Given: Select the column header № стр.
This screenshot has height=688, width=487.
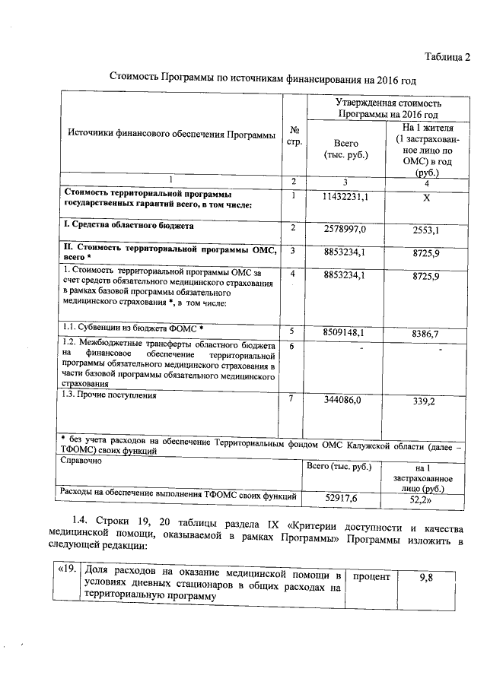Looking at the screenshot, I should [x=294, y=135].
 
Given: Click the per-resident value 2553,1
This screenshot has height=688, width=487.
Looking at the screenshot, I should [x=425, y=228].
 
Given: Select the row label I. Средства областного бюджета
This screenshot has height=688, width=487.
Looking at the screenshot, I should [x=127, y=226].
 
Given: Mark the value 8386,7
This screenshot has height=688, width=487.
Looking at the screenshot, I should [x=425, y=332].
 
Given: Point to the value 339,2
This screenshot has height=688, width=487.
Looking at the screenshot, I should [x=425, y=400].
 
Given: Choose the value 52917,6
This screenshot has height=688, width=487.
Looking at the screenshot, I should [x=341, y=499].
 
